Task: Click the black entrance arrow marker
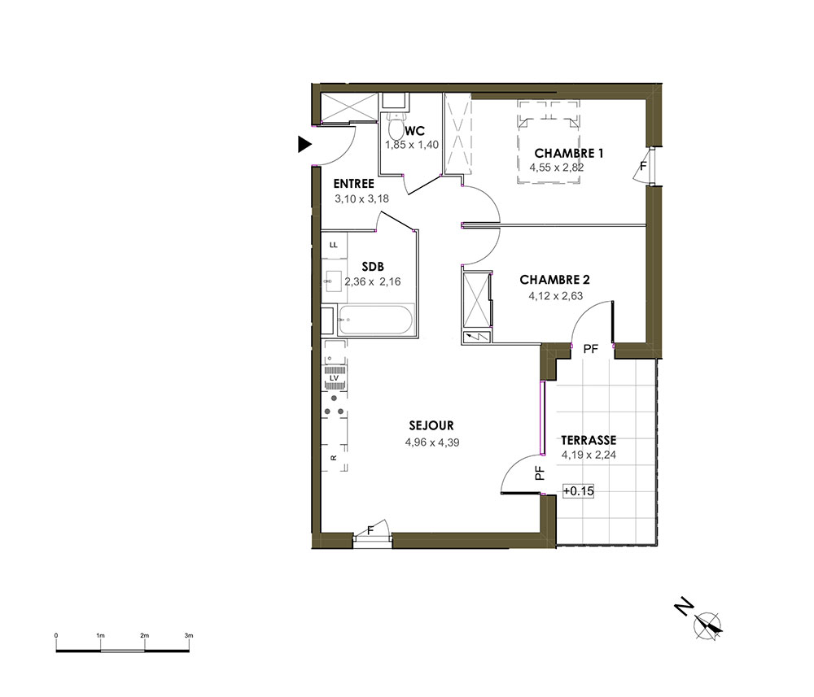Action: tap(304, 144)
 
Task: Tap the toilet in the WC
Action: tap(396, 124)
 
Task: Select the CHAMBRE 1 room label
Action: tap(568, 154)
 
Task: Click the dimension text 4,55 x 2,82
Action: tap(557, 168)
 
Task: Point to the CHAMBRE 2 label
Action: tap(554, 280)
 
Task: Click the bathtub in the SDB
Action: tap(374, 320)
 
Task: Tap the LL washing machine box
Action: tap(334, 245)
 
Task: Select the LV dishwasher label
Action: tap(335, 378)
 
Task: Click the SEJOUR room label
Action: tap(431, 426)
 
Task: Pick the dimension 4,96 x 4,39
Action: tap(432, 442)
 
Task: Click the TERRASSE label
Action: tap(589, 440)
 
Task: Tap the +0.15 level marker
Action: tap(578, 490)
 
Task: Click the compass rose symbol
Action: tap(708, 625)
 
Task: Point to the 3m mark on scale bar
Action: tap(189, 635)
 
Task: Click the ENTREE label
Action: tap(353, 184)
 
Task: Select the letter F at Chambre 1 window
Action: tap(643, 167)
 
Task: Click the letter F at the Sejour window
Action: tap(370, 530)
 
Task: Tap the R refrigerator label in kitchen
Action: tap(333, 457)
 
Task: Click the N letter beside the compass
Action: tap(685, 606)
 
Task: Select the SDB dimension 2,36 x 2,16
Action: tap(373, 281)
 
